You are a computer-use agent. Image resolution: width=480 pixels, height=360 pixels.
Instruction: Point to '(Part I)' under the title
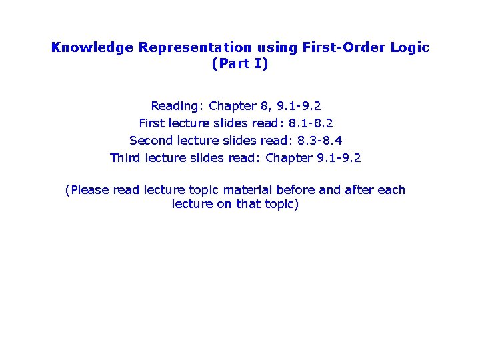click(239, 64)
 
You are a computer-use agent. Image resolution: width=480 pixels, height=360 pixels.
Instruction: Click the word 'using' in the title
click(276, 47)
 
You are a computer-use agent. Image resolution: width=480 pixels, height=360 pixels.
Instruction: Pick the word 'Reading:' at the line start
click(177, 106)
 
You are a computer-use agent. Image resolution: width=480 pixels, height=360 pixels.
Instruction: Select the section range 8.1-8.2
click(311, 123)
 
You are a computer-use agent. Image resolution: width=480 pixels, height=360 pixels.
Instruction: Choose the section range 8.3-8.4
click(319, 141)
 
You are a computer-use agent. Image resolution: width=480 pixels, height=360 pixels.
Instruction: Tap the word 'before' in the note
click(295, 190)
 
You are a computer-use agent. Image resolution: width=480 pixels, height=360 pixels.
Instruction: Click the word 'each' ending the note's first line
click(391, 190)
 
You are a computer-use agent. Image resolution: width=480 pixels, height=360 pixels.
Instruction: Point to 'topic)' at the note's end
click(282, 204)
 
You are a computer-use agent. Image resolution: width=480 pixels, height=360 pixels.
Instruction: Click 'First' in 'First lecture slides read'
click(152, 123)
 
